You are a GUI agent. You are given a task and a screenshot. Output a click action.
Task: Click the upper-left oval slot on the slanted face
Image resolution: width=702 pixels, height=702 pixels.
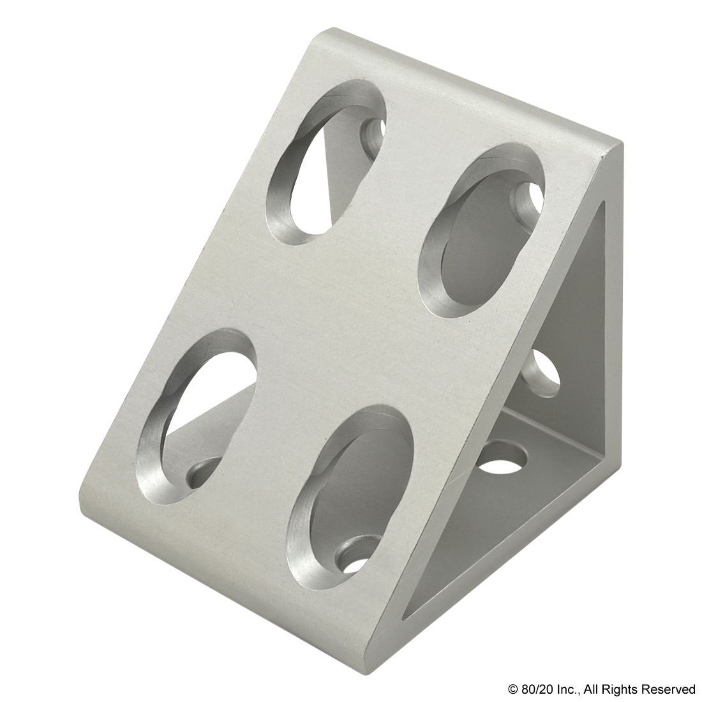tap(326, 162)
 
